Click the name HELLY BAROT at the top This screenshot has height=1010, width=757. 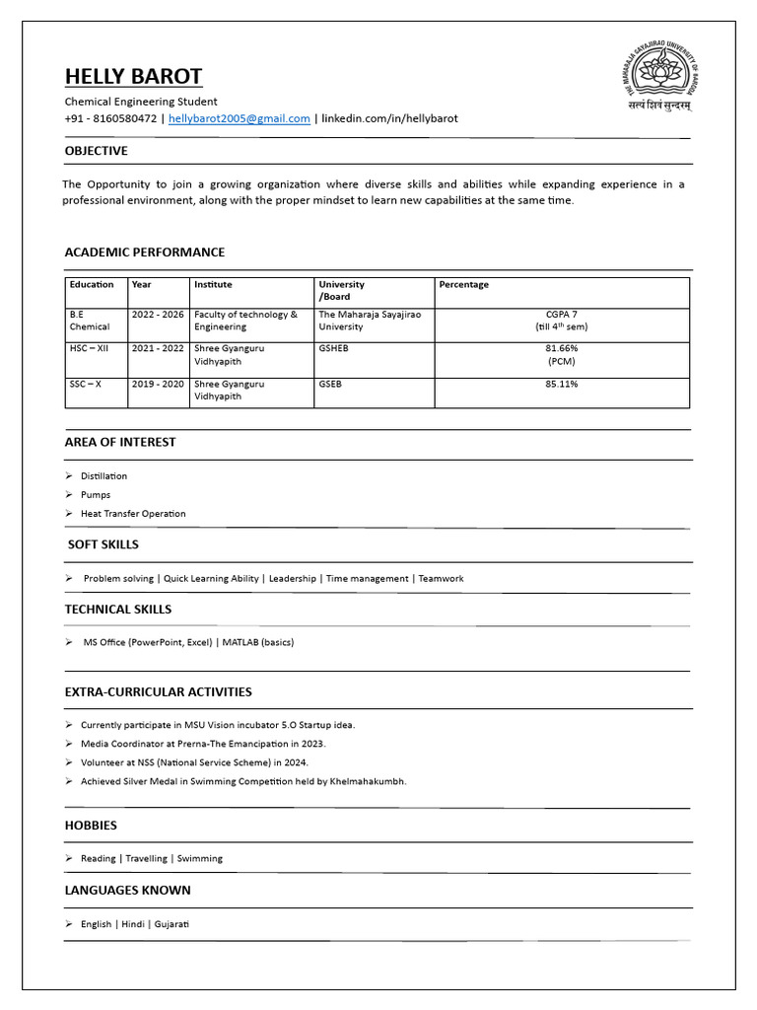(x=133, y=77)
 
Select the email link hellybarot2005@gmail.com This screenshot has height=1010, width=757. (x=240, y=118)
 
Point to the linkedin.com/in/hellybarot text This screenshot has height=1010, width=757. (x=389, y=118)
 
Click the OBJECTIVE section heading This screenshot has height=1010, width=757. (x=96, y=151)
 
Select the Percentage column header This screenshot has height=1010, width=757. (x=463, y=284)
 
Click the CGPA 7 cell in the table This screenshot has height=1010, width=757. (x=562, y=315)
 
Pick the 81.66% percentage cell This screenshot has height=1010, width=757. (x=562, y=349)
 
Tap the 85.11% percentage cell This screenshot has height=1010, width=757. (x=562, y=384)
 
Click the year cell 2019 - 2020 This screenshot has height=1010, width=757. (x=158, y=384)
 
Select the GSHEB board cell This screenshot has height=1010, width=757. (x=333, y=349)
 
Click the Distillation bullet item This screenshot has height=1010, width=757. (x=103, y=476)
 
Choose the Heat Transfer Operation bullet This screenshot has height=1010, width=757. (x=133, y=514)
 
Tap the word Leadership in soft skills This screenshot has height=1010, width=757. (x=293, y=579)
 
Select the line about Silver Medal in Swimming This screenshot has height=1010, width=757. (x=243, y=781)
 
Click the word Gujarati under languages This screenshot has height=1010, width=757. (x=171, y=924)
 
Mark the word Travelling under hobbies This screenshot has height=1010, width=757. (x=146, y=858)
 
